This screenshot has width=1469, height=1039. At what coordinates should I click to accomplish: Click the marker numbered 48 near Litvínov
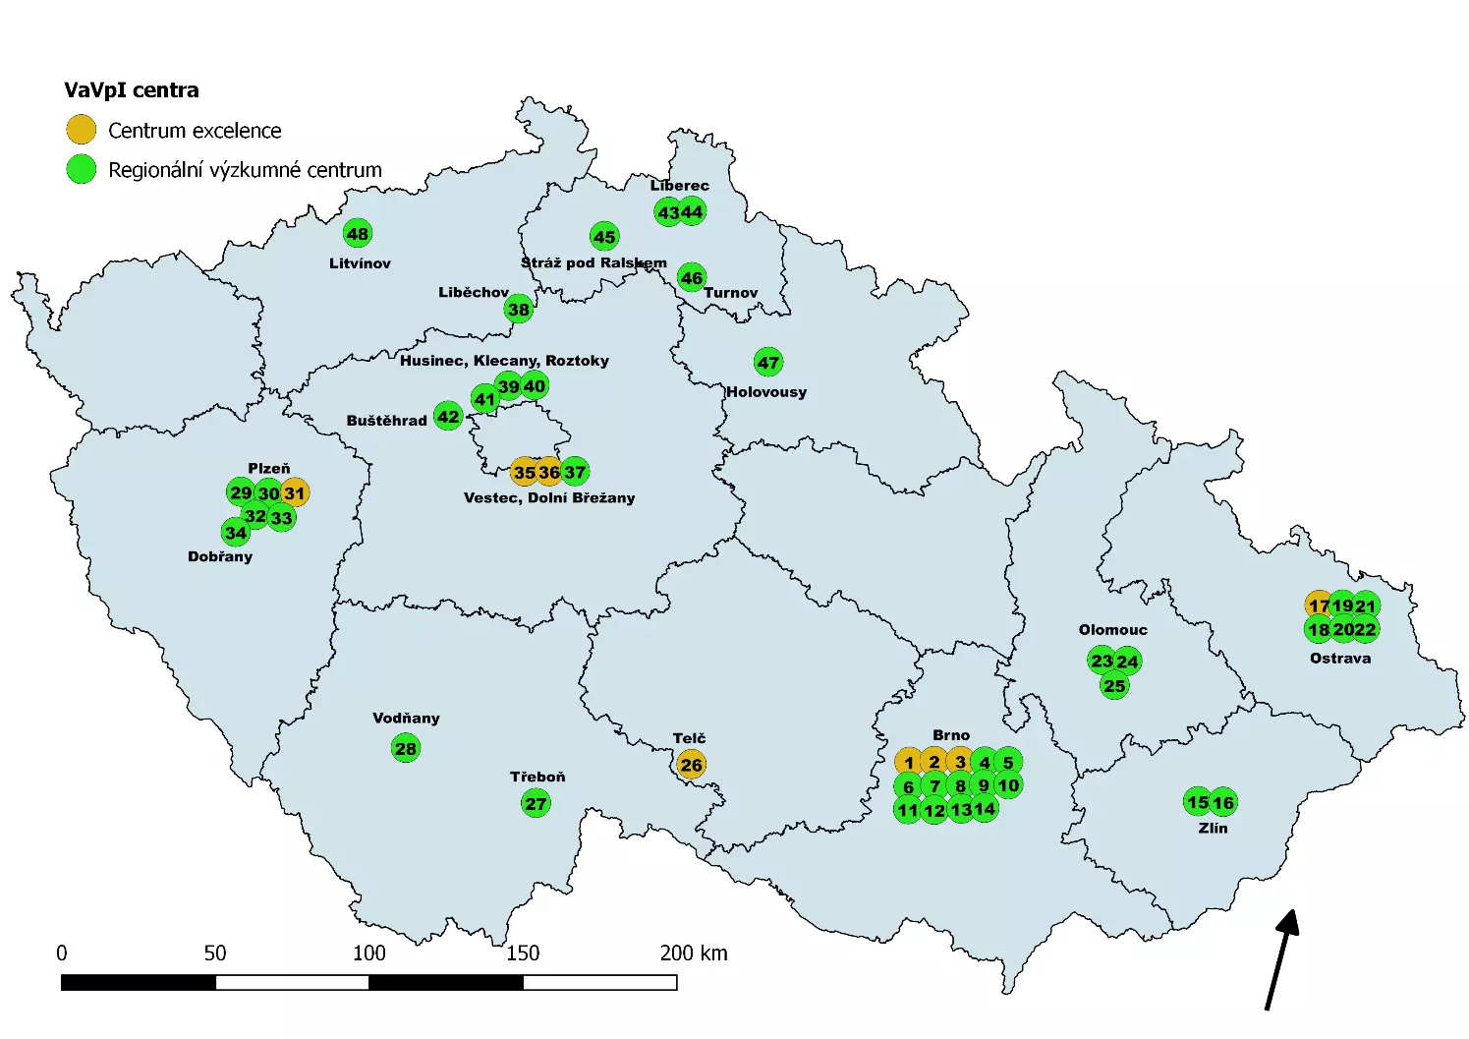click(x=358, y=233)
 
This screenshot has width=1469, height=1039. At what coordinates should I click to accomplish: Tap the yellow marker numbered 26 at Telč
click(x=691, y=764)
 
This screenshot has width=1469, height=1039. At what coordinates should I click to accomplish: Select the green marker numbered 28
click(x=406, y=748)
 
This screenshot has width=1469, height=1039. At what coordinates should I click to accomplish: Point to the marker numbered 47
click(x=768, y=362)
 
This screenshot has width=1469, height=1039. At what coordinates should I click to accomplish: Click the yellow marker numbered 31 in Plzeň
click(x=295, y=492)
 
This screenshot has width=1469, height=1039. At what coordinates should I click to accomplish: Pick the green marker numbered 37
click(x=575, y=472)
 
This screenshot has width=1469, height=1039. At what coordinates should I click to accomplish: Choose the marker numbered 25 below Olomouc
click(x=1114, y=685)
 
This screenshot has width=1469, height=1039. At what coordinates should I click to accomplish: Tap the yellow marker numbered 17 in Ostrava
click(x=1319, y=606)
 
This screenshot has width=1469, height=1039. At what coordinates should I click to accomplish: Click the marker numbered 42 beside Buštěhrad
click(x=448, y=416)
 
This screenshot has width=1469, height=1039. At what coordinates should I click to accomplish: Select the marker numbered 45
click(x=604, y=236)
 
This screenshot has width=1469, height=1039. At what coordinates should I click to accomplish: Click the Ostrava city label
click(x=1340, y=658)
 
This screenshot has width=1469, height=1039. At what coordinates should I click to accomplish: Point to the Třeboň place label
click(x=537, y=777)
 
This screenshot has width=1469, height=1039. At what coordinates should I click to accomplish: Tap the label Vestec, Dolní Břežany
click(x=549, y=497)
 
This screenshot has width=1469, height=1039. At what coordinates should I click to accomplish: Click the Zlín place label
click(x=1213, y=828)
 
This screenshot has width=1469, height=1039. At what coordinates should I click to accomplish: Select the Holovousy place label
click(x=766, y=391)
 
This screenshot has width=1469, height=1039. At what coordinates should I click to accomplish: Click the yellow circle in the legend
click(x=81, y=130)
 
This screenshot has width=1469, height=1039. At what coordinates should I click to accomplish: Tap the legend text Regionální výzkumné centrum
click(x=245, y=170)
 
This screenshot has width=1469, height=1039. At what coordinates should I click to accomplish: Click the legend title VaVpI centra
click(x=132, y=90)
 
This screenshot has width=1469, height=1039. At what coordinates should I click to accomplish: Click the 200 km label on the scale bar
click(x=694, y=952)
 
